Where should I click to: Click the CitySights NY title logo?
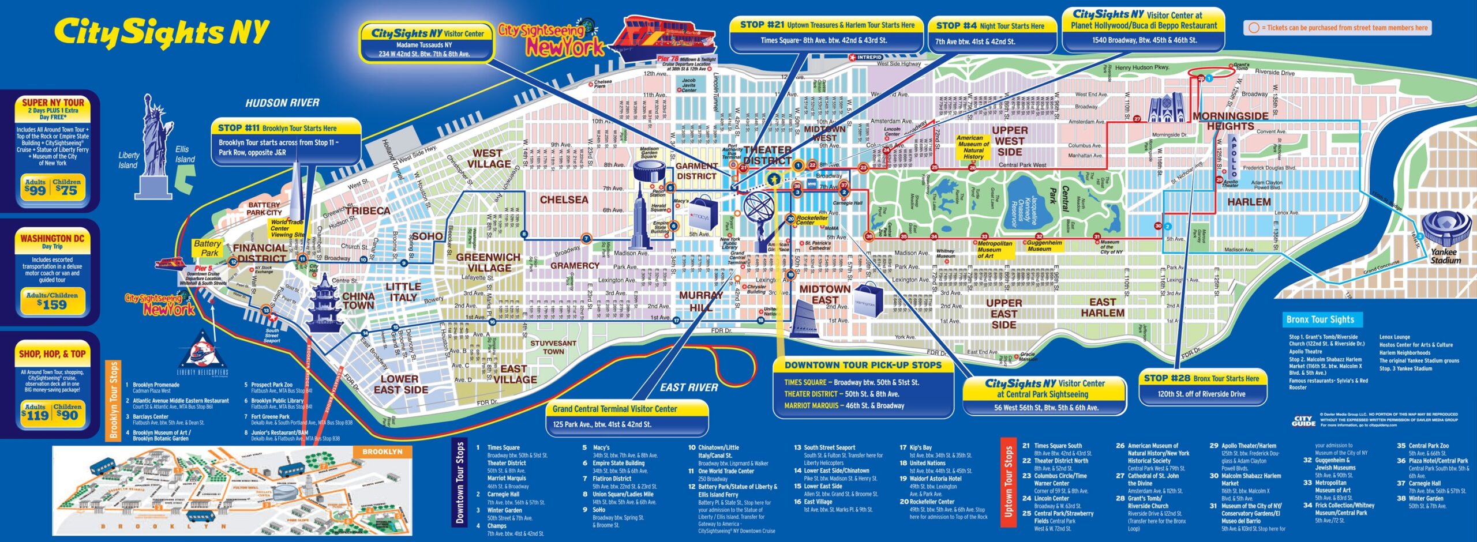162,33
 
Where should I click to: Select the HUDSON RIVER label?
282,103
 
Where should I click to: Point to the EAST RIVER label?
689,387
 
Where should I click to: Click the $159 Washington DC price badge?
52,300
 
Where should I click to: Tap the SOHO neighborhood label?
427,236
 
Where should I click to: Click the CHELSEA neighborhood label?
564,200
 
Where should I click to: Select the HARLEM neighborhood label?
1249,202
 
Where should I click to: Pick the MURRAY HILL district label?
701,301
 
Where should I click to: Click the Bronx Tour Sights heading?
1319,319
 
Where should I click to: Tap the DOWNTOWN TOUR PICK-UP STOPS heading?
863,365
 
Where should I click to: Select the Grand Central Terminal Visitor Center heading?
614,409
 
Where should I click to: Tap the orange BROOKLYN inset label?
382,451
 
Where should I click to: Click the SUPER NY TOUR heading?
53,103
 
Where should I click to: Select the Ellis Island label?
185,154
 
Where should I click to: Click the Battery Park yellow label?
207,248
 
